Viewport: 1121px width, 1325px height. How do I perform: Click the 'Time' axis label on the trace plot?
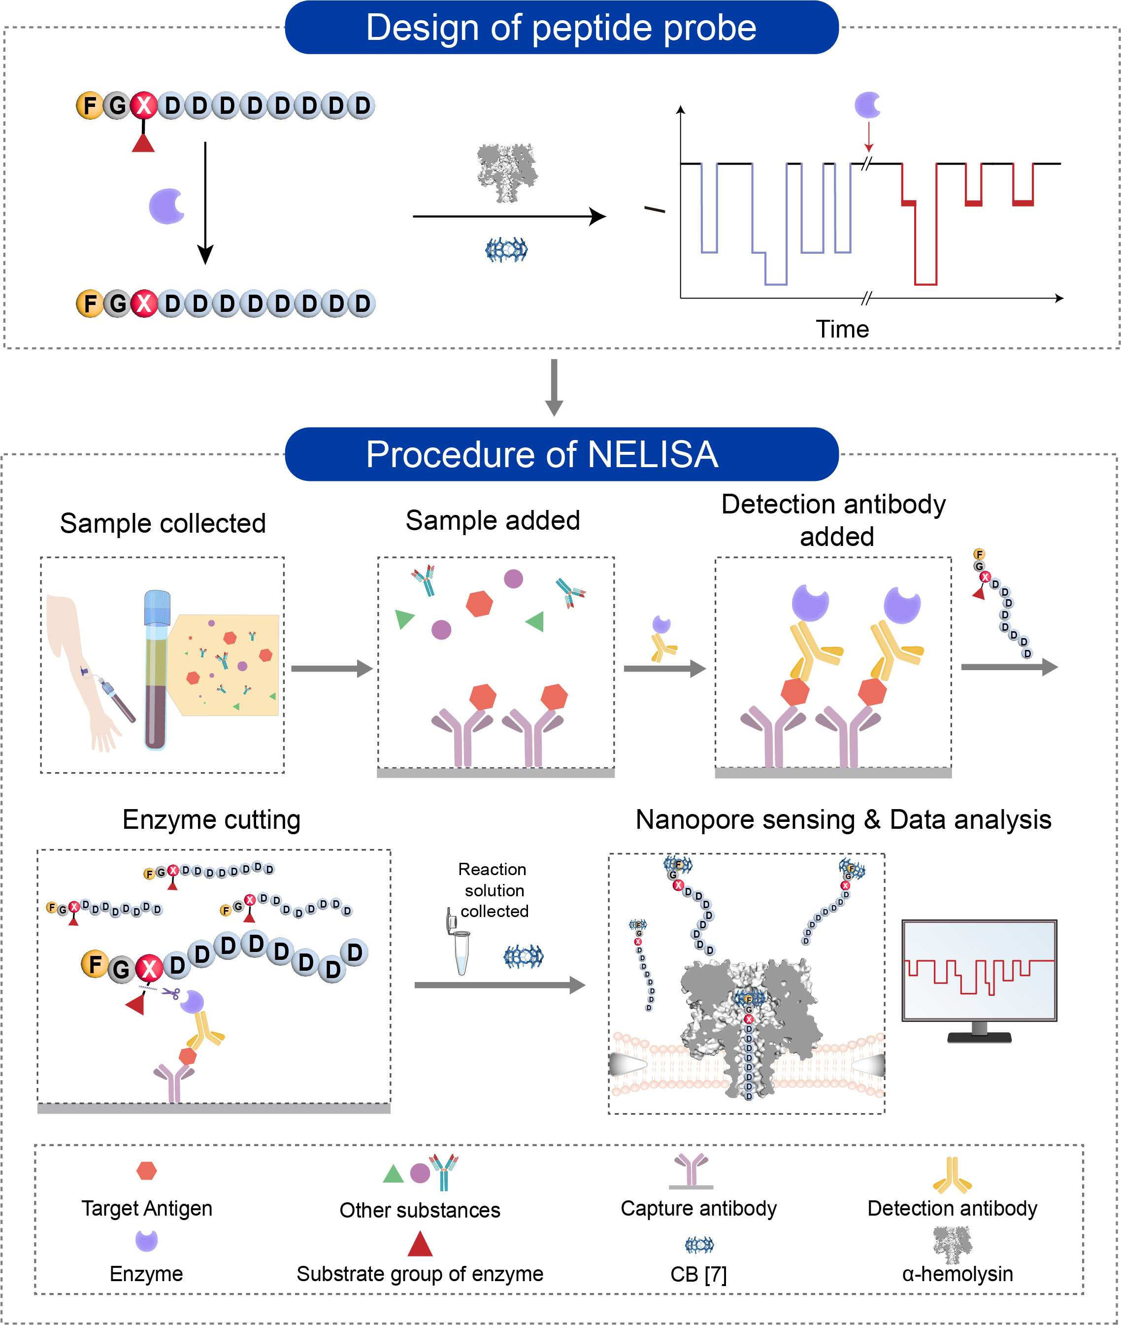(x=842, y=329)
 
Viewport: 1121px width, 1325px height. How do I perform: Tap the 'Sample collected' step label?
(x=163, y=523)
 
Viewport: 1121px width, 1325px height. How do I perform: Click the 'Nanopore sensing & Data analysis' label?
(x=843, y=819)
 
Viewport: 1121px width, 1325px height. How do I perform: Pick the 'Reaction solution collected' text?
(x=493, y=890)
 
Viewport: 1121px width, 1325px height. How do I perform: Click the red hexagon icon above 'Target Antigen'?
(x=147, y=1170)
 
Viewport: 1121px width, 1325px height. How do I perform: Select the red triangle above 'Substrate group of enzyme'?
(x=420, y=1244)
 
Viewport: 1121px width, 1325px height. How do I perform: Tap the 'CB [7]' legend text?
(x=698, y=1274)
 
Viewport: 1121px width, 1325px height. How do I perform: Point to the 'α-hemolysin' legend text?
(x=957, y=1274)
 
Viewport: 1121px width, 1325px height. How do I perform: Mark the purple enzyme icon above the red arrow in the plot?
(x=867, y=105)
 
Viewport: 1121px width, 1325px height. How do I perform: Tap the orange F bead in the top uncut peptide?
(x=89, y=105)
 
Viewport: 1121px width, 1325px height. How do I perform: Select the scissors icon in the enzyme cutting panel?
(x=170, y=992)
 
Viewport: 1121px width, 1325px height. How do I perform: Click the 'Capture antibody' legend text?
(x=698, y=1208)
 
